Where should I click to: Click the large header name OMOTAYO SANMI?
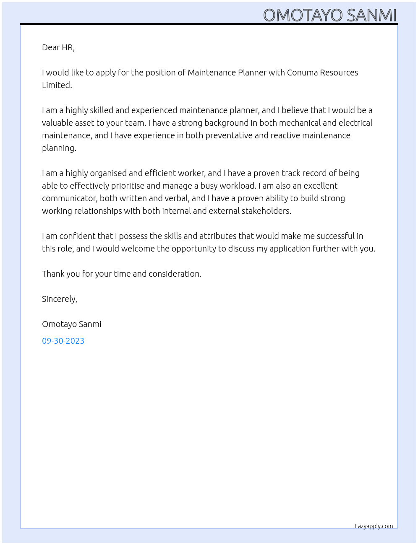(x=330, y=16)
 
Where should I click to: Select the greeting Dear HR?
(x=58, y=47)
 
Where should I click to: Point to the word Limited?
(x=57, y=85)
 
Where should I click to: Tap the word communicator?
(x=70, y=198)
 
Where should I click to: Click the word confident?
(x=78, y=236)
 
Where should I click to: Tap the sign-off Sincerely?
(x=59, y=299)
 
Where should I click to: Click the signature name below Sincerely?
(x=72, y=324)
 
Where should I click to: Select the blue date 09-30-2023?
(x=63, y=341)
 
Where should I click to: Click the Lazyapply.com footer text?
(x=374, y=526)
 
